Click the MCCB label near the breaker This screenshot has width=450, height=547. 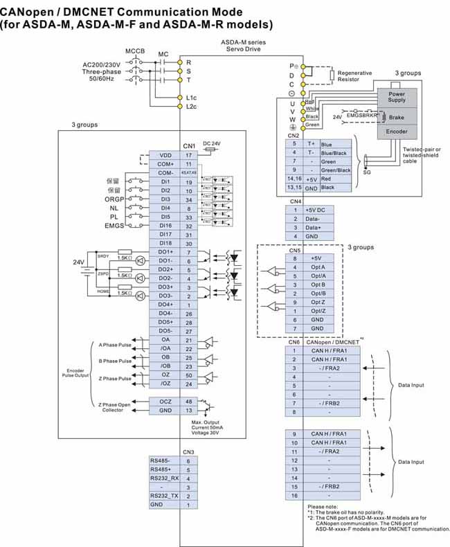click(135, 52)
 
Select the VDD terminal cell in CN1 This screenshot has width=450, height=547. click(165, 155)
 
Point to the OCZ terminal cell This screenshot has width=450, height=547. click(165, 402)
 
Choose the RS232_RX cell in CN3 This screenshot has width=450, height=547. click(164, 478)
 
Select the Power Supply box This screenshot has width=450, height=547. click(397, 96)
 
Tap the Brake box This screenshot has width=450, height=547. click(397, 117)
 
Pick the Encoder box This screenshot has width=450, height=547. click(397, 131)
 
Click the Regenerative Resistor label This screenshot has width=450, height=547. click(354, 76)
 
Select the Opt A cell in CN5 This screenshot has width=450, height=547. click(318, 267)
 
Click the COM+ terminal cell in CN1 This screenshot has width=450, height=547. click(165, 164)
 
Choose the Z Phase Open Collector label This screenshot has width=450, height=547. click(115, 407)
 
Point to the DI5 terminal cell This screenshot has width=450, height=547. click(165, 217)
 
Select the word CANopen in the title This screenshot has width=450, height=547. click(31, 12)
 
